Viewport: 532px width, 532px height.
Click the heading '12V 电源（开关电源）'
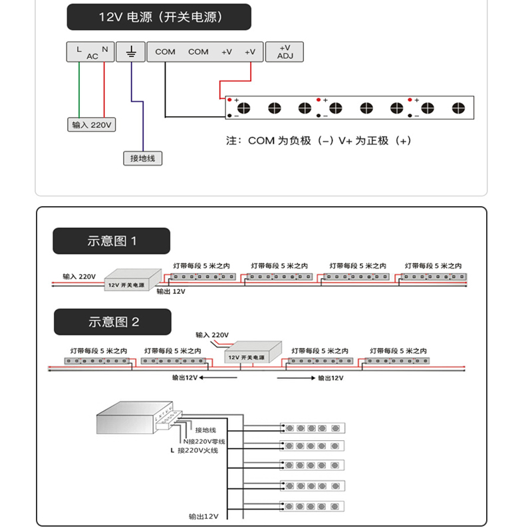point(159,17)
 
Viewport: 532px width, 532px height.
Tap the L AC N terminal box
point(90,52)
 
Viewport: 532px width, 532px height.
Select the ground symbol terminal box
point(131,52)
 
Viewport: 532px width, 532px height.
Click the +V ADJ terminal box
point(285,52)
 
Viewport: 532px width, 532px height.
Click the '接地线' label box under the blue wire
point(142,158)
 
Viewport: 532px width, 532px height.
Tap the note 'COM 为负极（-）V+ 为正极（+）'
point(319,141)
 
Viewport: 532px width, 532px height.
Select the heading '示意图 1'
point(112,241)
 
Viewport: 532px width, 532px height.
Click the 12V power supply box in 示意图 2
point(253,353)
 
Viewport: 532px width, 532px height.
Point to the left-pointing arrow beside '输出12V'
point(219,378)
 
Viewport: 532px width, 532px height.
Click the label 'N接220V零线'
point(204,441)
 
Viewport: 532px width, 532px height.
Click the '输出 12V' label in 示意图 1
point(171,291)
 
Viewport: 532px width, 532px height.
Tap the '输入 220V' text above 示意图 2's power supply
point(212,334)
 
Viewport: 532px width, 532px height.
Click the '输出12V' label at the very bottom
point(203,515)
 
